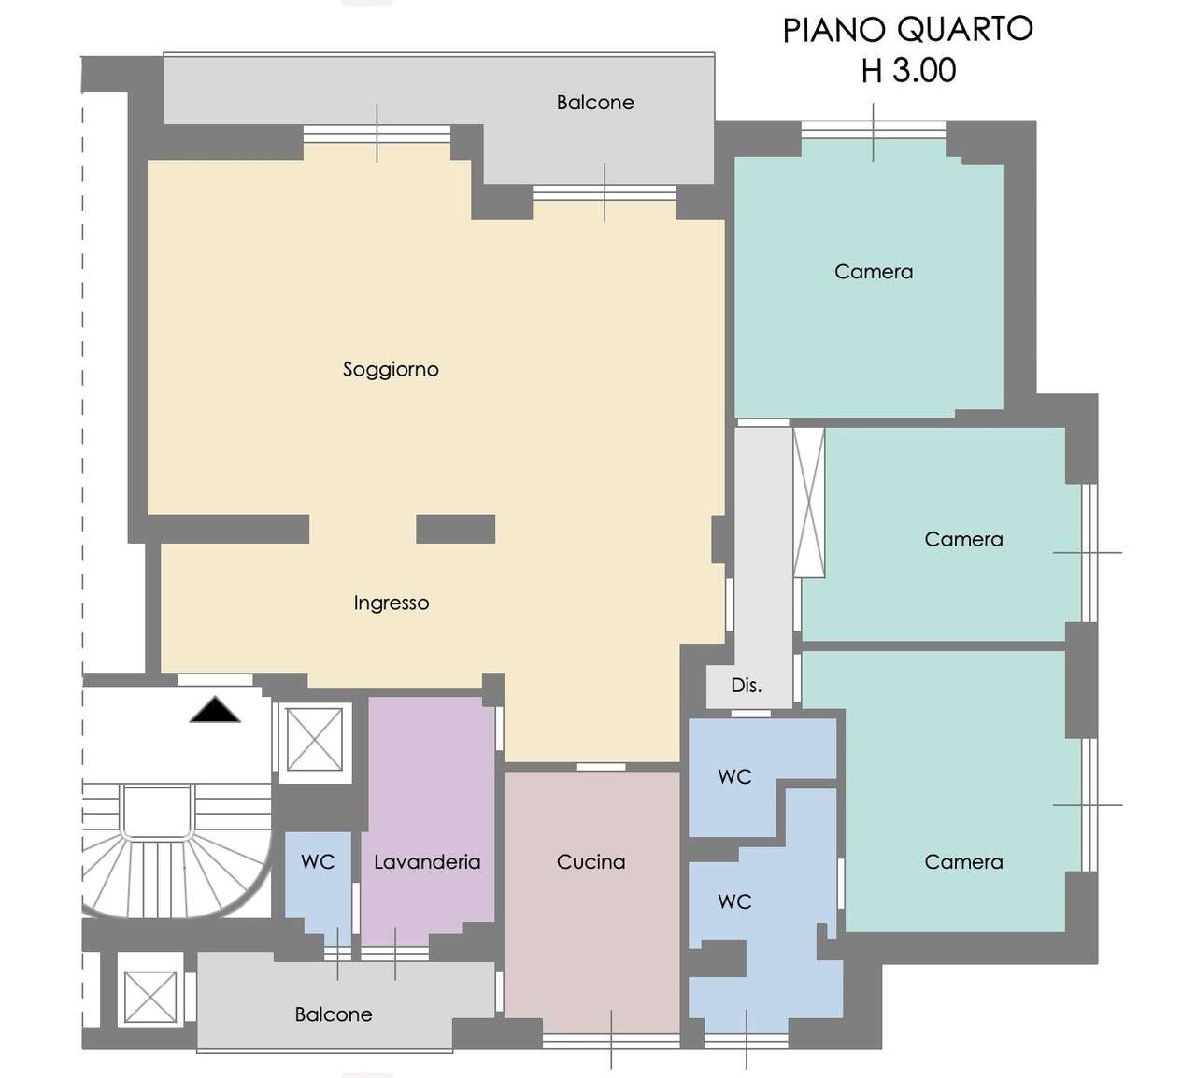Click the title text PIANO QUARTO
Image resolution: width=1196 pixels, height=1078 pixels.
pos(907,30)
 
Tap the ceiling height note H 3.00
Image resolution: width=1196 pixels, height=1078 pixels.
pos(908,71)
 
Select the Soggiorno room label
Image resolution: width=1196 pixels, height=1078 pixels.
pos(391,370)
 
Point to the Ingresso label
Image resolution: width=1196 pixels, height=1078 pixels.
pos(391,603)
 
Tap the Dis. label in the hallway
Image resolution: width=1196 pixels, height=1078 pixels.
pos(746,686)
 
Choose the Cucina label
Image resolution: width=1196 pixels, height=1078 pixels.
pos(591,862)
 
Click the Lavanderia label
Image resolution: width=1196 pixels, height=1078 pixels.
pos(427,862)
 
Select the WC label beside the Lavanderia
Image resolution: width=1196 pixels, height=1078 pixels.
pos(318,862)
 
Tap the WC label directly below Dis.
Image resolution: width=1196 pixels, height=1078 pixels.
pos(734,777)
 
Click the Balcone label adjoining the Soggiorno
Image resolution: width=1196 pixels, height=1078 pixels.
pos(595,103)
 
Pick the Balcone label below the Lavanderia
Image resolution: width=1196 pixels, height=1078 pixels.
pos(334,1014)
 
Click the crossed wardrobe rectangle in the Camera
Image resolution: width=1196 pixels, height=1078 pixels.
pos(809,503)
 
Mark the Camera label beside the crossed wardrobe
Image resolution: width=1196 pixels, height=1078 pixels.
pos(963,540)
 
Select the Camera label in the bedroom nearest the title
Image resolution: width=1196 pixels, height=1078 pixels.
pos(873,272)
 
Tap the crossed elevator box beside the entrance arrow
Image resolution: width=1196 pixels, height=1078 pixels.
pos(314,740)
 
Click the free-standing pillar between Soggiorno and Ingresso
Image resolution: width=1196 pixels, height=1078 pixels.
pos(455,529)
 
